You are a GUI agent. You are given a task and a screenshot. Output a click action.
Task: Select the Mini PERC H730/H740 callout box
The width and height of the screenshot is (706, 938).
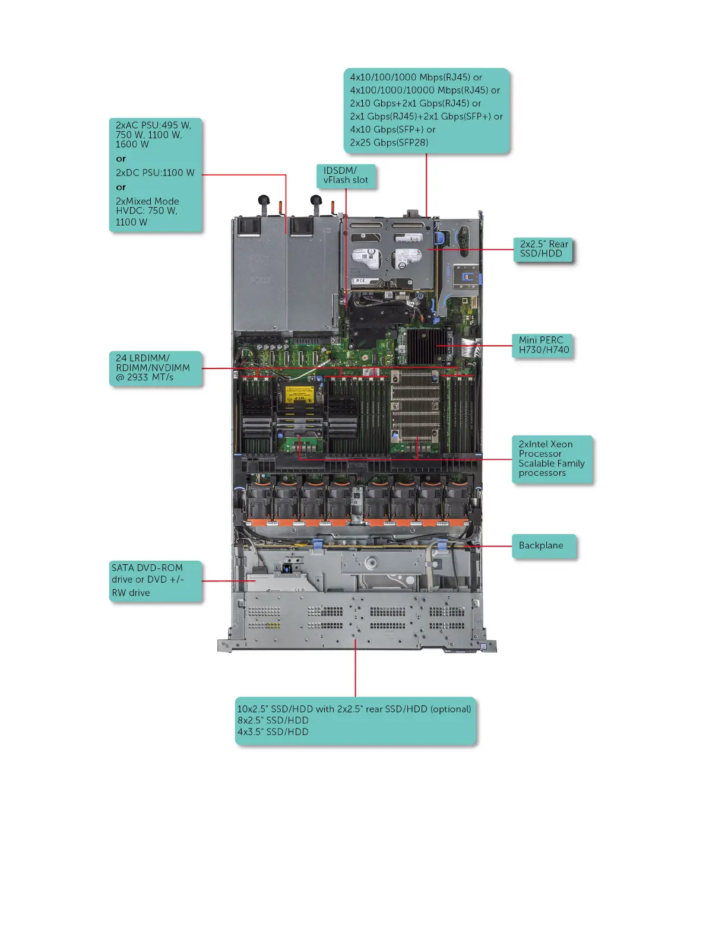(543, 345)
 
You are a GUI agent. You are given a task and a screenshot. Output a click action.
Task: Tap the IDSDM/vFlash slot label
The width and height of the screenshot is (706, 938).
(346, 176)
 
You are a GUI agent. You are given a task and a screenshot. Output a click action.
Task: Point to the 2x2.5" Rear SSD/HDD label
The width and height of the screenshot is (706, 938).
(543, 249)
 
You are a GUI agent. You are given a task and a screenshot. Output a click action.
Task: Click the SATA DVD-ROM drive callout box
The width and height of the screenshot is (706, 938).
(156, 580)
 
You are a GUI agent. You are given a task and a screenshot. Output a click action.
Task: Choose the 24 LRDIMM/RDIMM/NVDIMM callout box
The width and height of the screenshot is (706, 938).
(156, 368)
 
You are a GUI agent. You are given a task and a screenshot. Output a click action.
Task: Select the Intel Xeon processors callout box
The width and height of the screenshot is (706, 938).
(552, 459)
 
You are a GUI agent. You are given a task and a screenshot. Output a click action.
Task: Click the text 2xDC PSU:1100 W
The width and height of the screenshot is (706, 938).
(155, 173)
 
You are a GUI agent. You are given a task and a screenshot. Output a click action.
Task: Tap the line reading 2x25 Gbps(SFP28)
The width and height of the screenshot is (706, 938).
(389, 142)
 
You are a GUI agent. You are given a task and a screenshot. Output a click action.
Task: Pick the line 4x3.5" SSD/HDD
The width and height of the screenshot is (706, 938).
(273, 732)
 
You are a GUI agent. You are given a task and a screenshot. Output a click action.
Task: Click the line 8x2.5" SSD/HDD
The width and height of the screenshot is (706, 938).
(273, 720)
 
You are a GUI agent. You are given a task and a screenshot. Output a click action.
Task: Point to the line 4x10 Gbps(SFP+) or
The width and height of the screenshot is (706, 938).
(392, 129)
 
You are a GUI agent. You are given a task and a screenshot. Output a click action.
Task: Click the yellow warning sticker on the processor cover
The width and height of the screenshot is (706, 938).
(299, 394)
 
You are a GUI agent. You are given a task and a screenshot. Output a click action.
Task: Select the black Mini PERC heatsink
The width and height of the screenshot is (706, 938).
(423, 345)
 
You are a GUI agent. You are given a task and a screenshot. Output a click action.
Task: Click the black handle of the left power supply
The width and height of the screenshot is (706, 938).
(264, 201)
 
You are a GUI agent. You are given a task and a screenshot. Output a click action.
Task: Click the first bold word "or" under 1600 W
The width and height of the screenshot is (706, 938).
(121, 158)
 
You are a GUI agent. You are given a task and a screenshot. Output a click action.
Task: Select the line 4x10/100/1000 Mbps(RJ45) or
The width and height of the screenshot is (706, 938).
(416, 77)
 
